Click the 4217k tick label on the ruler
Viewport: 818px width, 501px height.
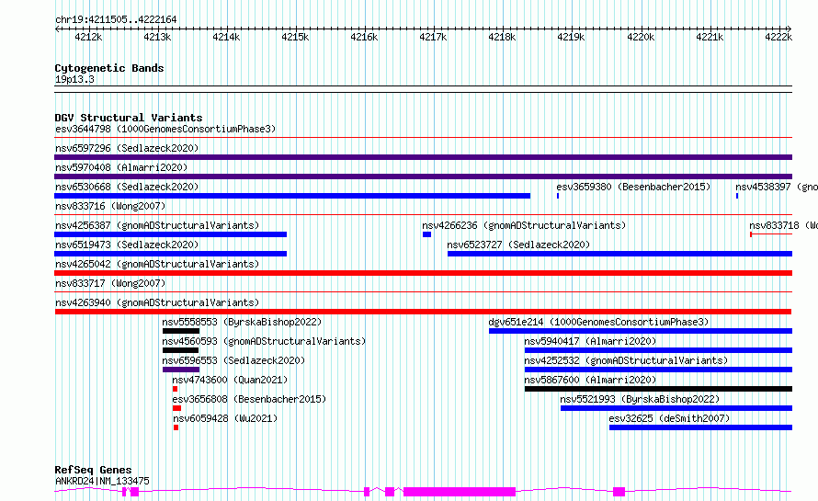point(433,37)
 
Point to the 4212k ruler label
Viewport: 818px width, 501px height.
point(88,37)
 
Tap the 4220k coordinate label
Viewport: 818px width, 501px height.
point(640,37)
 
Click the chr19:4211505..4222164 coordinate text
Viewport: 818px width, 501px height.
point(116,20)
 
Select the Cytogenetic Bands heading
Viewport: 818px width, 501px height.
point(109,68)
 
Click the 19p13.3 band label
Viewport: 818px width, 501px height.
point(74,80)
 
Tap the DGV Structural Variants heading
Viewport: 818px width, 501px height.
point(129,118)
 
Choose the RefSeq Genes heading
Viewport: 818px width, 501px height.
point(93,470)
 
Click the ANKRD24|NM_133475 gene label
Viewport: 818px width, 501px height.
point(102,481)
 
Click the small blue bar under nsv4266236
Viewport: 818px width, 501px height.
point(426,234)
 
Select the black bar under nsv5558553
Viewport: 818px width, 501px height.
point(181,331)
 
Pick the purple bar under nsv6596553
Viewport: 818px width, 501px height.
point(181,370)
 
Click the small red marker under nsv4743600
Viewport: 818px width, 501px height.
point(176,390)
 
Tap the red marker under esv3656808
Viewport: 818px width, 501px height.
point(176,409)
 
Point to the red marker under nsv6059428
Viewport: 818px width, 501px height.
point(176,428)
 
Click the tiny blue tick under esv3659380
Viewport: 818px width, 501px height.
point(558,196)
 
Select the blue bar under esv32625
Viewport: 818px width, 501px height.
point(700,428)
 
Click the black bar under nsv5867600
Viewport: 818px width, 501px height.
point(658,390)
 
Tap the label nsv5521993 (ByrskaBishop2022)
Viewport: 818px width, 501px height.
point(640,399)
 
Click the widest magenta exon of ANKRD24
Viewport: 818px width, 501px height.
point(460,492)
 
